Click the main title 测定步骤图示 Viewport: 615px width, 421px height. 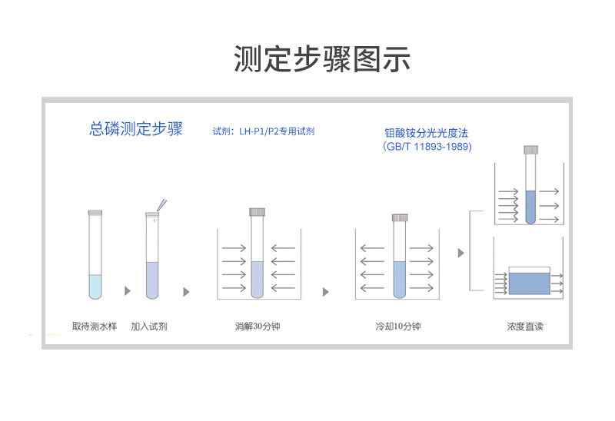322,59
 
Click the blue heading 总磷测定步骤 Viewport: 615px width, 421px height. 136,129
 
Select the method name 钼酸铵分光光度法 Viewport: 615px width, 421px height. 427,133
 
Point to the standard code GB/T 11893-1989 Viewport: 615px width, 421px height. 427,146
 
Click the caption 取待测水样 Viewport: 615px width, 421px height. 95,327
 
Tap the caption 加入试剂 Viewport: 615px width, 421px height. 149,327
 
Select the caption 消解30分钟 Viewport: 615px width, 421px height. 258,327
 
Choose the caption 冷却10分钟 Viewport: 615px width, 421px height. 398,327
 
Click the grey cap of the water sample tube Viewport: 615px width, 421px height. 95,212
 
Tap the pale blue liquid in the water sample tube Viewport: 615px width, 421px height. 95,286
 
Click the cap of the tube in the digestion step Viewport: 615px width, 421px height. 258,212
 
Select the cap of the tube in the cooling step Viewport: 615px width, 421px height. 399,217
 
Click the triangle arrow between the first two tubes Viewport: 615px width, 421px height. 128,292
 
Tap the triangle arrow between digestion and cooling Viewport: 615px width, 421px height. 326,292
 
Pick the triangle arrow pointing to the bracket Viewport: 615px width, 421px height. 460,253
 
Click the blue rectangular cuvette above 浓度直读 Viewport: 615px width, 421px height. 529,283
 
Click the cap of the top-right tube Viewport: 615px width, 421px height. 530,150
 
